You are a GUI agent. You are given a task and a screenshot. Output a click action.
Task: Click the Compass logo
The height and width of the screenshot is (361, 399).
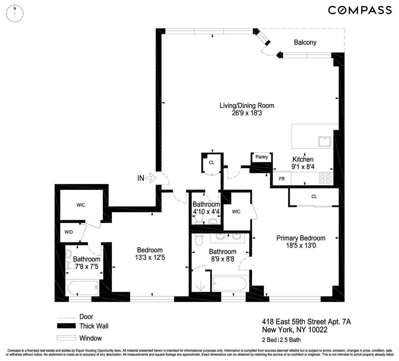pyautogui.click(x=360, y=10)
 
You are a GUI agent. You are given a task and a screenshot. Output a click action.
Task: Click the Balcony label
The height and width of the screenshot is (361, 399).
pyautogui.click(x=305, y=42)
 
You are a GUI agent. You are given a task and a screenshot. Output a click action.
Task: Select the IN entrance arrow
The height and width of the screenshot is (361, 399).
pyautogui.click(x=151, y=178)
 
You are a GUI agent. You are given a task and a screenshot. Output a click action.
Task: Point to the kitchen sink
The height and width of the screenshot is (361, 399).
pyautogui.click(x=325, y=141)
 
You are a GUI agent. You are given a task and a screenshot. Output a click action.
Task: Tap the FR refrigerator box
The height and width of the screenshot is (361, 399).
pyautogui.click(x=282, y=179)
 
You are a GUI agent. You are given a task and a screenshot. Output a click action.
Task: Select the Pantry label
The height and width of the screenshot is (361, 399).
pyautogui.click(x=262, y=157)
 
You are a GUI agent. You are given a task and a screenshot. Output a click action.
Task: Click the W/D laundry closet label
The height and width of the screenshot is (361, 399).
pyautogui.click(x=69, y=232)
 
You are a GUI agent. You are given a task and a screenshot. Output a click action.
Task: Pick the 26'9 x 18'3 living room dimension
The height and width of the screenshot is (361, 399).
pyautogui.click(x=247, y=113)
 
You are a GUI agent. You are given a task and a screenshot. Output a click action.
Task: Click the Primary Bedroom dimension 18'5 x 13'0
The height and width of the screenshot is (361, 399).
pyautogui.click(x=301, y=246)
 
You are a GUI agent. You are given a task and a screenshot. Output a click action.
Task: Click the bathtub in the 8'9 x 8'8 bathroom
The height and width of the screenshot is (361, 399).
pyautogui.click(x=229, y=284)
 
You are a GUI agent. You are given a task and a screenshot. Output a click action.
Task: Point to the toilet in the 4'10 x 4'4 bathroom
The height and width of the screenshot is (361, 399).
pyautogui.click(x=199, y=218)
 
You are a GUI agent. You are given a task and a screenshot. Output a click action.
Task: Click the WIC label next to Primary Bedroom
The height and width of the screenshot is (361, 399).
pyautogui.click(x=236, y=212)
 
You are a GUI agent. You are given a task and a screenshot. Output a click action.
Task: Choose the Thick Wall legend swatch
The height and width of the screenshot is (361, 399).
pyautogui.click(x=66, y=326)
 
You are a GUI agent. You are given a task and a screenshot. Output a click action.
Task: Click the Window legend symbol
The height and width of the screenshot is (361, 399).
pyautogui.click(x=66, y=338)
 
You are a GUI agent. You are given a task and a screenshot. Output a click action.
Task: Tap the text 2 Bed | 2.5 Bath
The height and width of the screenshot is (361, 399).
pyautogui.click(x=281, y=340)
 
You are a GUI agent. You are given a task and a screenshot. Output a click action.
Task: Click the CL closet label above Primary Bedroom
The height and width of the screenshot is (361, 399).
pyautogui.click(x=314, y=197)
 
